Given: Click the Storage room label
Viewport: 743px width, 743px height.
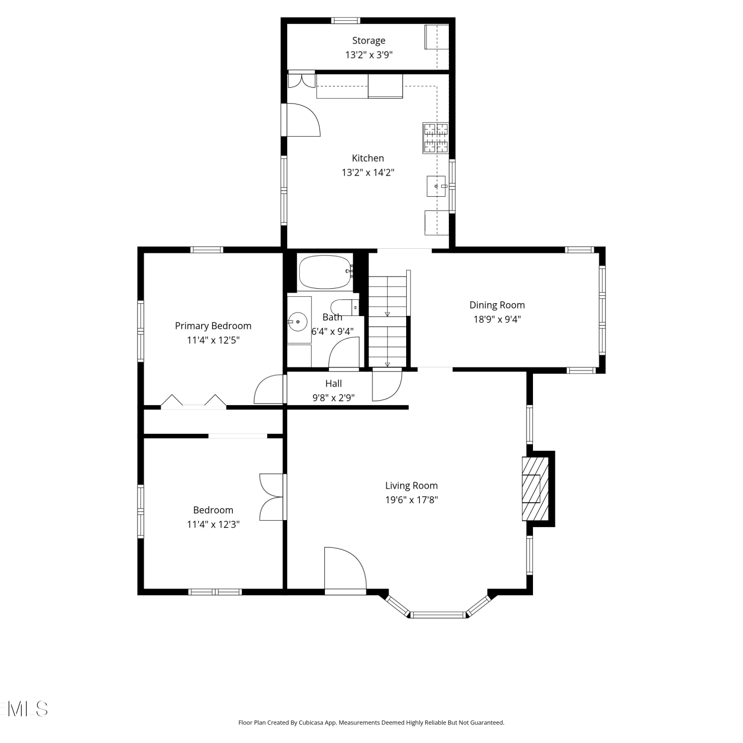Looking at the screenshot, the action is click(369, 41).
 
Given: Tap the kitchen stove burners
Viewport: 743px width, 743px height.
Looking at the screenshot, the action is click(435, 138).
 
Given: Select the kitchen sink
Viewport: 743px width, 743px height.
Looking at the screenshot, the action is click(436, 186).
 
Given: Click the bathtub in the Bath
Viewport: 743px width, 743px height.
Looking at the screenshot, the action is click(325, 272).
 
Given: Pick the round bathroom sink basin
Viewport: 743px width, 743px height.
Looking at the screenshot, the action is click(298, 322).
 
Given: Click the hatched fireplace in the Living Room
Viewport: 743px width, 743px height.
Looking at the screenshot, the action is click(535, 489).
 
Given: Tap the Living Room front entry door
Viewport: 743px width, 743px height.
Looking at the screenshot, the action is click(345, 570).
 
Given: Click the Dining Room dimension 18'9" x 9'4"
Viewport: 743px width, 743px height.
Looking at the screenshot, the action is click(497, 319).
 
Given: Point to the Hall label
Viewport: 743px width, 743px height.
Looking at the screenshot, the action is click(333, 383).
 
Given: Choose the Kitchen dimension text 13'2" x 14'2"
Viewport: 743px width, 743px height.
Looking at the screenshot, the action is click(368, 172).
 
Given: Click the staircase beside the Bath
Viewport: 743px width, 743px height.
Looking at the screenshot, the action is click(387, 321).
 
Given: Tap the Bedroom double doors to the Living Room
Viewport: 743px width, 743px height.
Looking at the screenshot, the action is click(273, 497).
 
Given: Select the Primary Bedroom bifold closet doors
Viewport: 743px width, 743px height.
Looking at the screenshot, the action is click(194, 401).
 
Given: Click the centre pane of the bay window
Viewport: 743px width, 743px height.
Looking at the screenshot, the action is click(438, 615).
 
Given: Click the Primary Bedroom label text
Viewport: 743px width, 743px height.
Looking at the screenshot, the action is click(213, 326).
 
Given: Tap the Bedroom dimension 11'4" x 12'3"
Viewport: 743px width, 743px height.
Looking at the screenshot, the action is click(213, 525).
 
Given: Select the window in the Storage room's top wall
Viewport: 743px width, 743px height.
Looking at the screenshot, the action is click(346, 21).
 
